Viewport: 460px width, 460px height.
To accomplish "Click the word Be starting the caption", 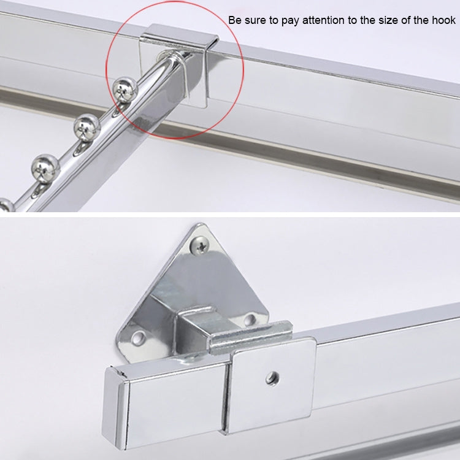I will (234, 21).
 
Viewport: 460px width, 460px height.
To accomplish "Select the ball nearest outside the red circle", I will (86, 126).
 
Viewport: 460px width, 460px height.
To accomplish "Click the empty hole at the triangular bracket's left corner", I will (139, 337).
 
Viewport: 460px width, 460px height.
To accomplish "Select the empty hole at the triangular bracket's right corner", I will (250, 319).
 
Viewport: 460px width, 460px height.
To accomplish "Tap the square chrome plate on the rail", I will (273, 389).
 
